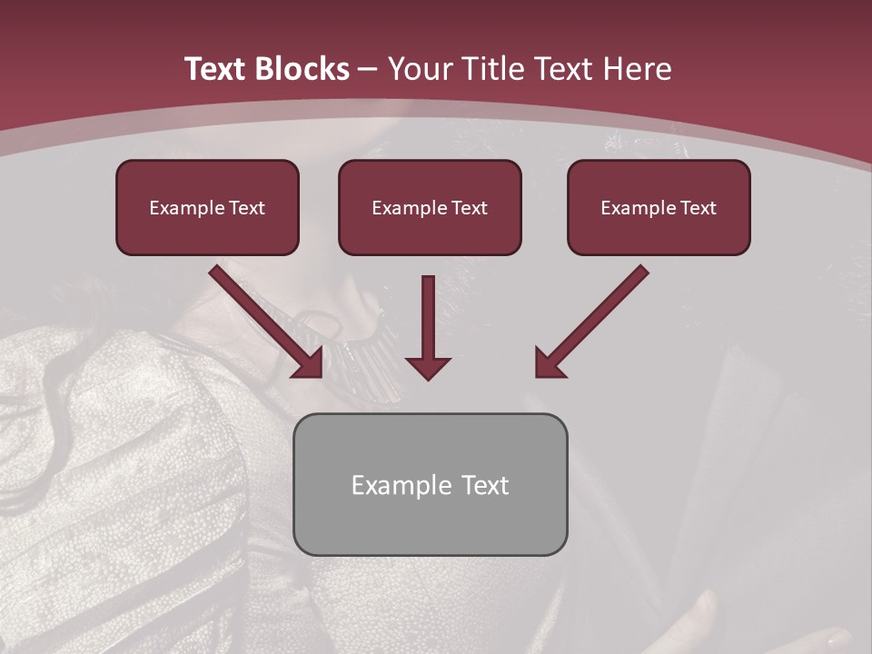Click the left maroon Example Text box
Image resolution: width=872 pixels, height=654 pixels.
(x=207, y=207)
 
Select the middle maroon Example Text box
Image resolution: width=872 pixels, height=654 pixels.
(x=430, y=207)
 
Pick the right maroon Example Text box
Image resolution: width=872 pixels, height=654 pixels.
(x=659, y=207)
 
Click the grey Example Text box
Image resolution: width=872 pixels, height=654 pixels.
(x=430, y=484)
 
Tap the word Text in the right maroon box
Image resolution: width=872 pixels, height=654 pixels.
(x=698, y=208)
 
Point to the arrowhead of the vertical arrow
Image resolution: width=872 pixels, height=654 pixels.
(x=428, y=367)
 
